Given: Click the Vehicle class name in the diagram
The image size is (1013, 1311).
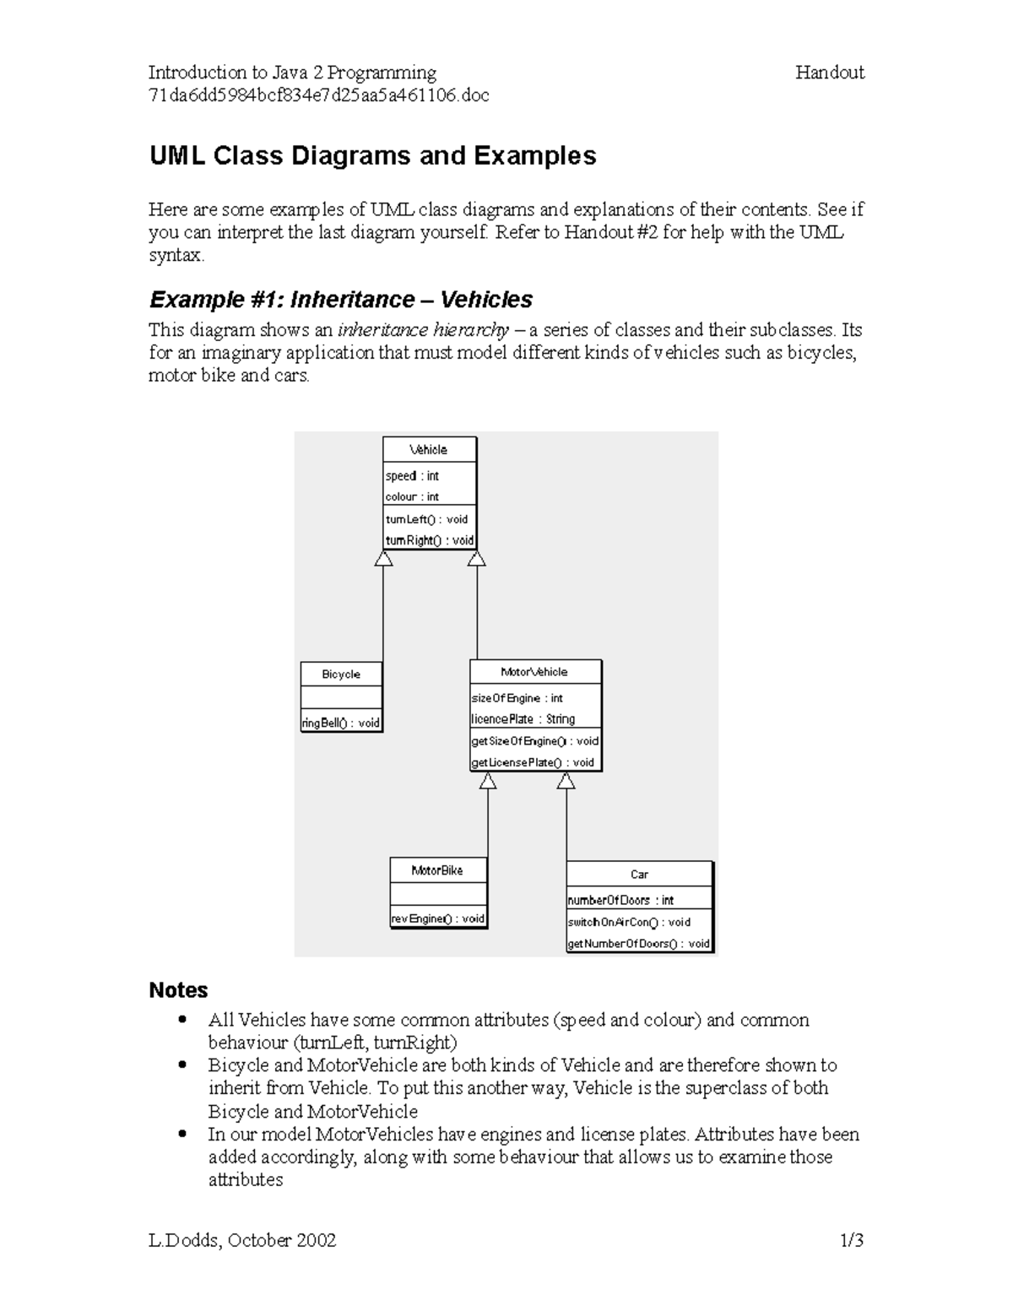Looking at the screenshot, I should pos(429,450).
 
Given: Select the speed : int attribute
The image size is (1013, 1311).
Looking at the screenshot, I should pos(412,476).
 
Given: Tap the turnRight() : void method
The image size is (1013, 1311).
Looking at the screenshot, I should pos(430,540).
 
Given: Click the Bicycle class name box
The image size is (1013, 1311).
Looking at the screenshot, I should pos(341,674).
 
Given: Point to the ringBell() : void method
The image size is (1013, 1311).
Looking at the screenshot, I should pos(341,723).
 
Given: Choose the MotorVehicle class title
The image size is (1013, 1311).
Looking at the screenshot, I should pos(534,672).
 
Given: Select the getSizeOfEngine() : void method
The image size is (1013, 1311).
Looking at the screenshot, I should pos(534,741).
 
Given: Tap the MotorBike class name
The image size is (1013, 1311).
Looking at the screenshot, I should pos(437,870).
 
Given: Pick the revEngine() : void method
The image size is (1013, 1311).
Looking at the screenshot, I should pos(437,918).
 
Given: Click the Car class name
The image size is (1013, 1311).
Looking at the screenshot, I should pos(639,875).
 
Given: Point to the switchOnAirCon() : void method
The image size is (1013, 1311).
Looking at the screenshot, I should pos(629,923).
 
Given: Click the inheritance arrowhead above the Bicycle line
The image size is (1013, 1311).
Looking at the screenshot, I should pos(384,559).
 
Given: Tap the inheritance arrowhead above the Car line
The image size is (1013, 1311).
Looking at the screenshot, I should pos(566,782).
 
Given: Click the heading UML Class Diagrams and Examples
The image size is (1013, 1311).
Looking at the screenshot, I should pos(372,156).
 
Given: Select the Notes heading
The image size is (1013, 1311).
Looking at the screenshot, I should pos(178,990).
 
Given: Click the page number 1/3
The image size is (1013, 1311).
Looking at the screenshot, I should pos(851,1240).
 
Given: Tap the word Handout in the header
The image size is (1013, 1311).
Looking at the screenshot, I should pos(829,73).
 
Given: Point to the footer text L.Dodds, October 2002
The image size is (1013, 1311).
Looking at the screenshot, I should pos(242,1240).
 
